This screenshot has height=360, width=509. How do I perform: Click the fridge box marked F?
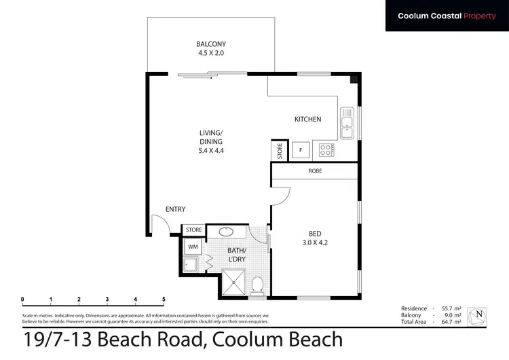tap(300, 150)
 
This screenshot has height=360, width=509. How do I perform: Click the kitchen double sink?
tap(347, 123)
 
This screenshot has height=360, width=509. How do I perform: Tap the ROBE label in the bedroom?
tap(315, 171)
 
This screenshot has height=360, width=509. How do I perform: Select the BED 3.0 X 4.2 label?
tap(314, 238)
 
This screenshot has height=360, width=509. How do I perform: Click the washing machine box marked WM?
tap(193, 247)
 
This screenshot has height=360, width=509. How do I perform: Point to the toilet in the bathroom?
tap(257, 286)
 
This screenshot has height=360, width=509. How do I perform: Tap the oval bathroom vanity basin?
tap(225, 232)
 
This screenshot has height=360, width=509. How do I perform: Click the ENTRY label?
tap(175, 209)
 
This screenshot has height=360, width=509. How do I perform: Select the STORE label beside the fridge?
tap(279, 150)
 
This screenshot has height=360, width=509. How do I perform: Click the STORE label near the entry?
tap(194, 230)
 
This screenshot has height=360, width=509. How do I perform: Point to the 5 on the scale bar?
tap(164, 299)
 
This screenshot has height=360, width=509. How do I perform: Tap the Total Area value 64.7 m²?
tap(452, 323)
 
